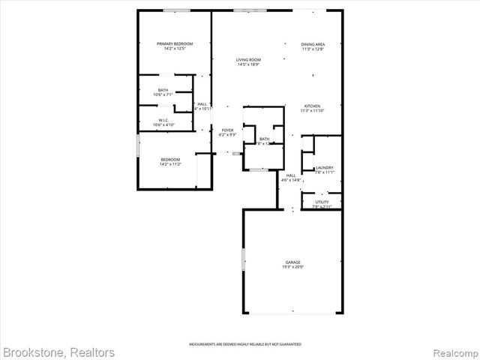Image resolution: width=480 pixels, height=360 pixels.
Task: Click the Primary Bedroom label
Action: pos(175,44)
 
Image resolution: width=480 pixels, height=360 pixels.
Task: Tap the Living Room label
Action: pos(248,59)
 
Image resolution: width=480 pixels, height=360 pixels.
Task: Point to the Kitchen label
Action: pos(312,106)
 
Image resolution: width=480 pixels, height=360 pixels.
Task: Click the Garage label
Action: pos(292,262)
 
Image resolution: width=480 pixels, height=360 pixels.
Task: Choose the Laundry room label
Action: pos(325,167)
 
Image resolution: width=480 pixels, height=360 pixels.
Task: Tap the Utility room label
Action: pos(322,202)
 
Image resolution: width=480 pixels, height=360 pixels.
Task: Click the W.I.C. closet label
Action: pos(163,120)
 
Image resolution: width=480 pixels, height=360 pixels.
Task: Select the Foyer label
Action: pos(227,130)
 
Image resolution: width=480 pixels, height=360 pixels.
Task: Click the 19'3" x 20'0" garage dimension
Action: pos(292,268)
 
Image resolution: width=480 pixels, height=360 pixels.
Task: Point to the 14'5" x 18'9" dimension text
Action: pos(248,64)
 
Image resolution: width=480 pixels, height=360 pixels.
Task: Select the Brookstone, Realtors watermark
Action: pos(58,352)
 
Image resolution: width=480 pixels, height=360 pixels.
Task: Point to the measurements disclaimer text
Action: pos(245,343)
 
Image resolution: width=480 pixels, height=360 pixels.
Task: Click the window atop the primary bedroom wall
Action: pos(176,10)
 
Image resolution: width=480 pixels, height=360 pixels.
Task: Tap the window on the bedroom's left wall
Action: pos(137,145)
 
